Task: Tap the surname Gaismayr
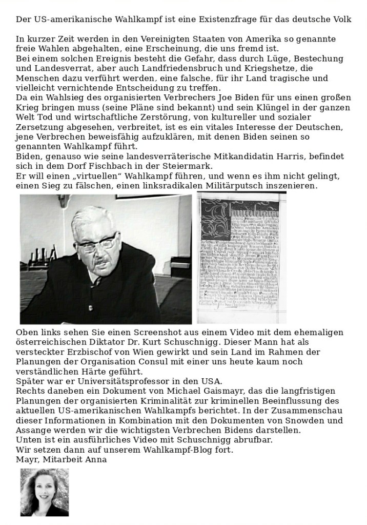[191, 392]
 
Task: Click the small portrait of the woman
[45, 492]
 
